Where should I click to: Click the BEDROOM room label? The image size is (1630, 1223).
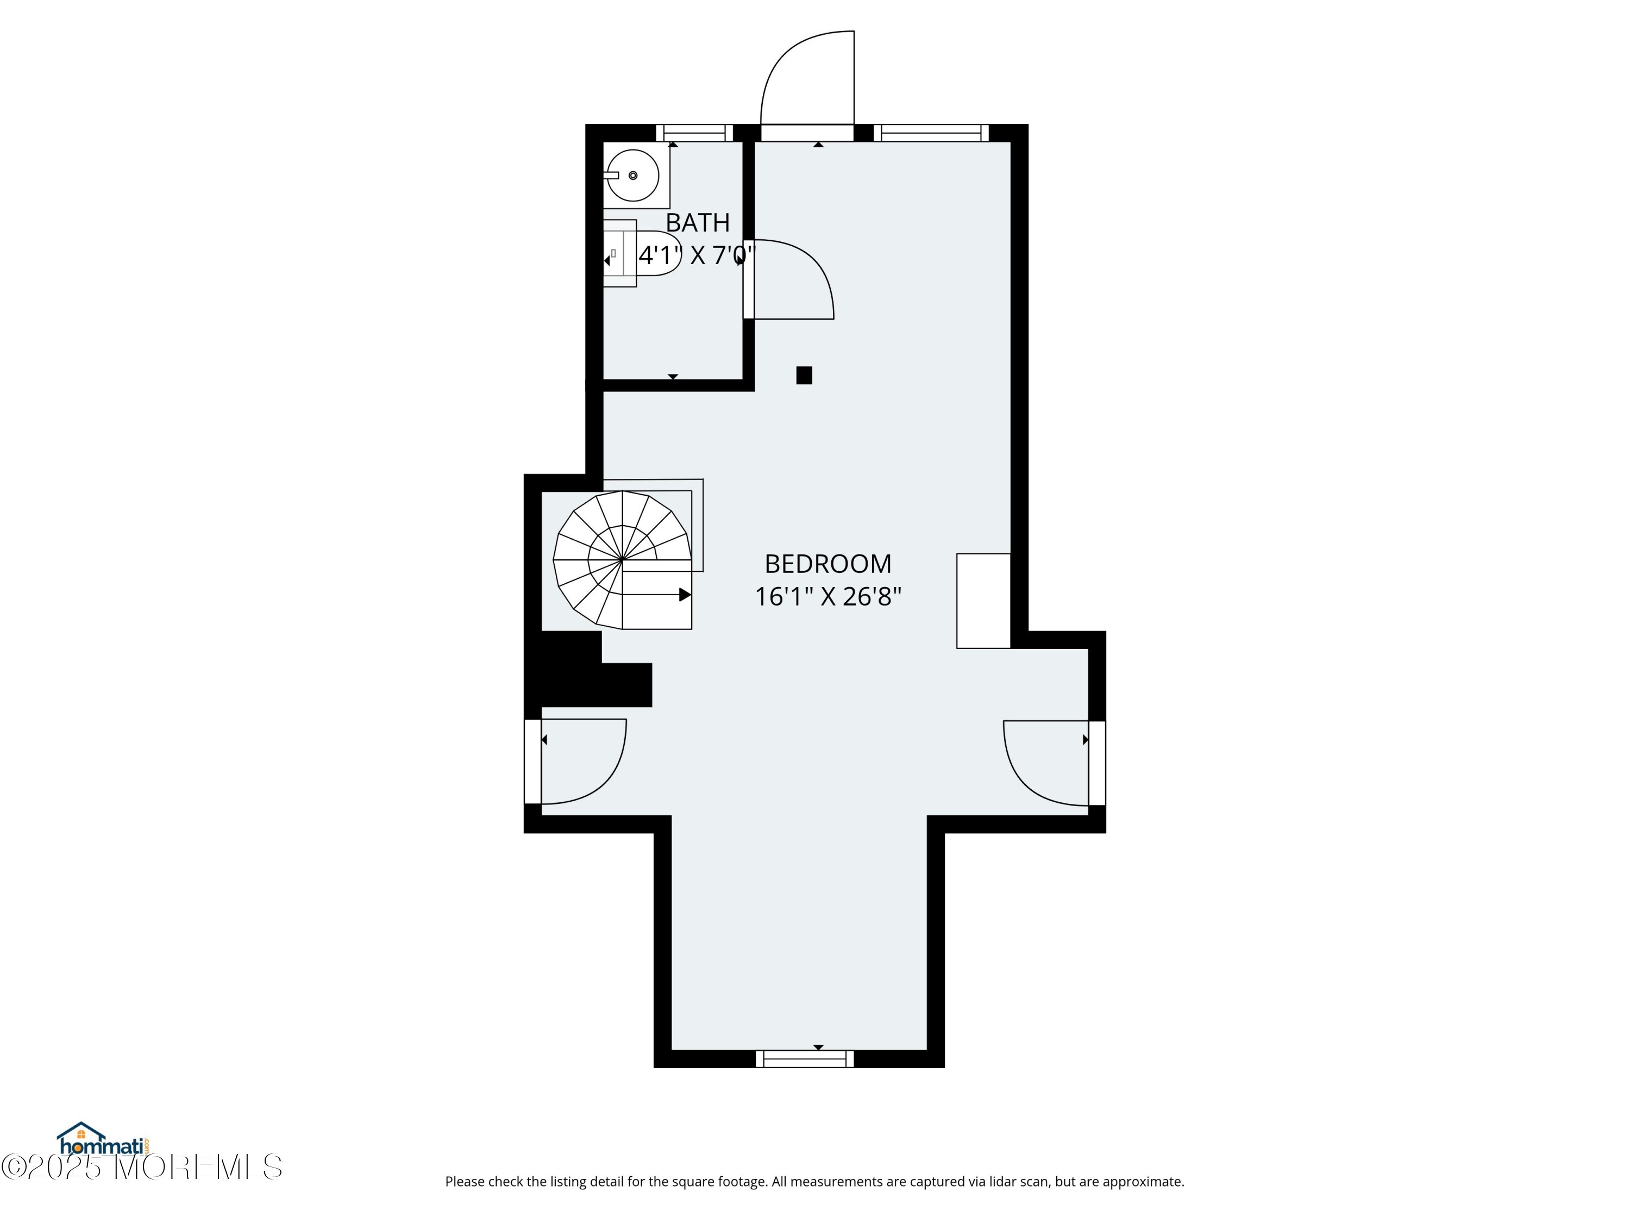coord(827,564)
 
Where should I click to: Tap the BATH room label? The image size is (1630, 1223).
coord(697,223)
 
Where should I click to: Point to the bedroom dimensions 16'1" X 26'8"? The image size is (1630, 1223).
coord(827,596)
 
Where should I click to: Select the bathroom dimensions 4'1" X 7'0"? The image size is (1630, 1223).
coord(697,256)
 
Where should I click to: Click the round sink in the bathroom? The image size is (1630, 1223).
coord(633,176)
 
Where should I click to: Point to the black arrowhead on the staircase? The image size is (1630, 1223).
coord(685,594)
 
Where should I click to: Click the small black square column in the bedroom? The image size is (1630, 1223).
coord(804,375)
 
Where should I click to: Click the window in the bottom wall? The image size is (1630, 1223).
coord(805,1059)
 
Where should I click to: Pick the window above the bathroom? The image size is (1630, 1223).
coord(694,133)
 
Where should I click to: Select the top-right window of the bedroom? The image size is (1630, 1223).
coord(931,133)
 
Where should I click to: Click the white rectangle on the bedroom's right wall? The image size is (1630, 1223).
coord(983,601)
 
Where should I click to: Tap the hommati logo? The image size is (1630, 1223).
coord(104,1140)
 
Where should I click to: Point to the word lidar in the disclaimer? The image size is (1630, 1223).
coord(987,1182)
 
